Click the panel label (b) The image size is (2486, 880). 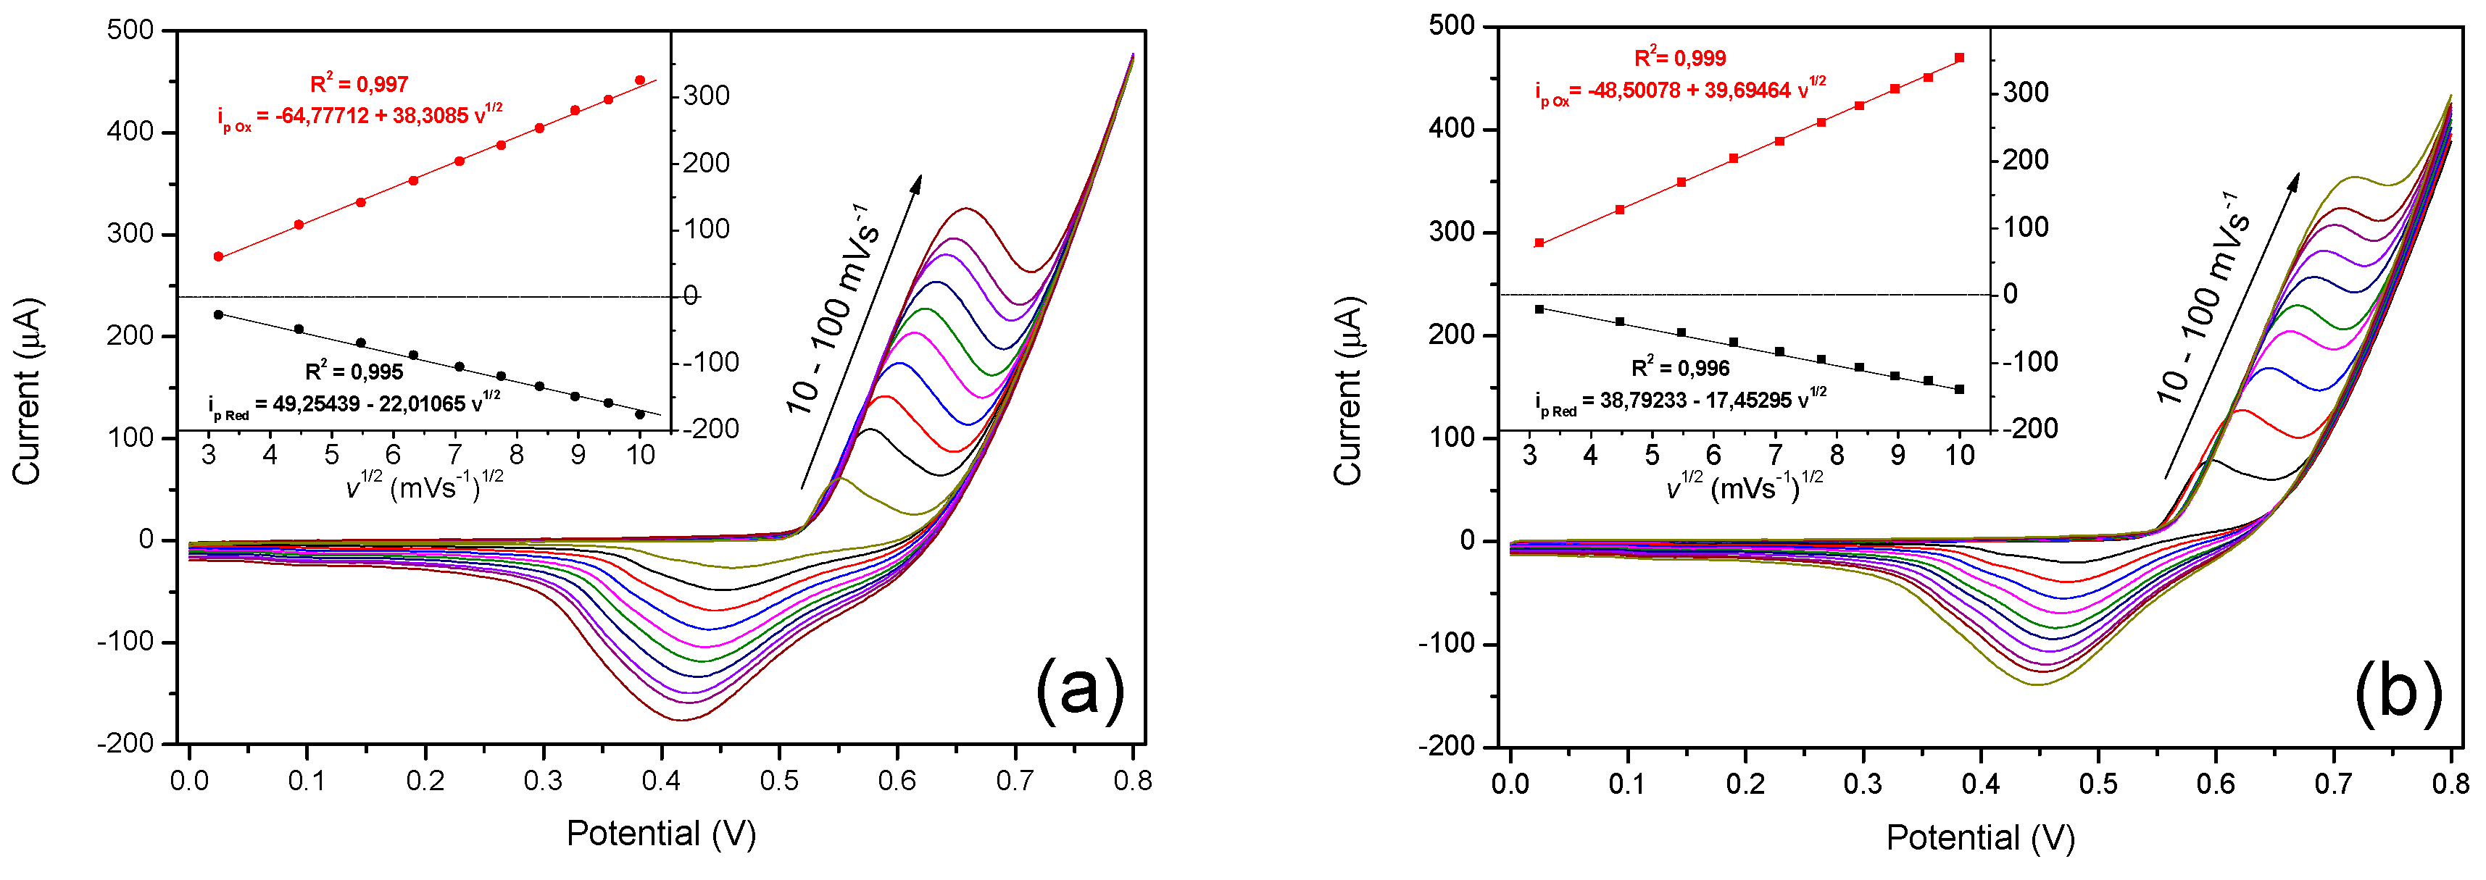(x=2398, y=691)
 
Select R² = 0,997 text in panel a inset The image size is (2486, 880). (x=359, y=84)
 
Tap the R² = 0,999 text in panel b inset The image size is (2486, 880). (x=1679, y=58)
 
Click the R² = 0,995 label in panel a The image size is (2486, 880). (x=354, y=371)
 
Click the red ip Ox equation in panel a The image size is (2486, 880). (x=360, y=117)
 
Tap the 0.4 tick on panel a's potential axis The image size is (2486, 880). (x=661, y=779)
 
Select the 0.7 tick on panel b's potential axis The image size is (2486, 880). (x=2334, y=782)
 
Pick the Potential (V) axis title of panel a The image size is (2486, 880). (x=661, y=833)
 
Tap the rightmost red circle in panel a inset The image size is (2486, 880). (x=640, y=80)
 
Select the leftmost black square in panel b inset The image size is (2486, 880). (x=1539, y=309)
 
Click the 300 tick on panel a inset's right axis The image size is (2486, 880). (x=707, y=96)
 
